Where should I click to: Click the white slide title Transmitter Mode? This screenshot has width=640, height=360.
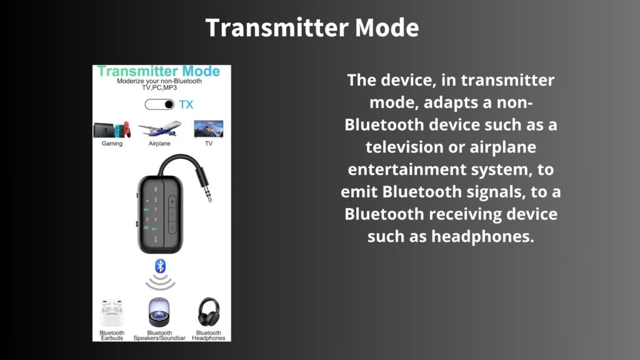click(x=312, y=27)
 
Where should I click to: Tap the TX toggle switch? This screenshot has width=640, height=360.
click(x=159, y=104)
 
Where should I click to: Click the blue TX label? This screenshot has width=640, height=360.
click(x=186, y=104)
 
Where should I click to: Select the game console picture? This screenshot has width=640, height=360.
click(x=112, y=129)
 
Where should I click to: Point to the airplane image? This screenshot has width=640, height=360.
click(x=159, y=128)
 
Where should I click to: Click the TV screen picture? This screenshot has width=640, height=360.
click(x=209, y=129)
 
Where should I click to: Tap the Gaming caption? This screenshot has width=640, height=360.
click(x=112, y=144)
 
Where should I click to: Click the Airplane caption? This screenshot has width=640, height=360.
click(x=159, y=144)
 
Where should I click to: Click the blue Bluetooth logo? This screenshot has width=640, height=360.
click(x=160, y=266)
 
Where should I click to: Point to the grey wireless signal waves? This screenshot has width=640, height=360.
click(x=160, y=282)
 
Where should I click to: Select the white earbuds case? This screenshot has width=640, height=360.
click(x=112, y=313)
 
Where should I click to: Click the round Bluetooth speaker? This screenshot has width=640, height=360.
click(x=159, y=312)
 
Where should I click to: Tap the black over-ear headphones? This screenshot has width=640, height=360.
click(x=209, y=312)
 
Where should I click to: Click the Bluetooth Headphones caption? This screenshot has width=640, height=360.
click(x=209, y=336)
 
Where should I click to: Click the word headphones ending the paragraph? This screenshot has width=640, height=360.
click(x=483, y=236)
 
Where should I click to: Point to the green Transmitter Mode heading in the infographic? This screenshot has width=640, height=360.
click(x=159, y=71)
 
